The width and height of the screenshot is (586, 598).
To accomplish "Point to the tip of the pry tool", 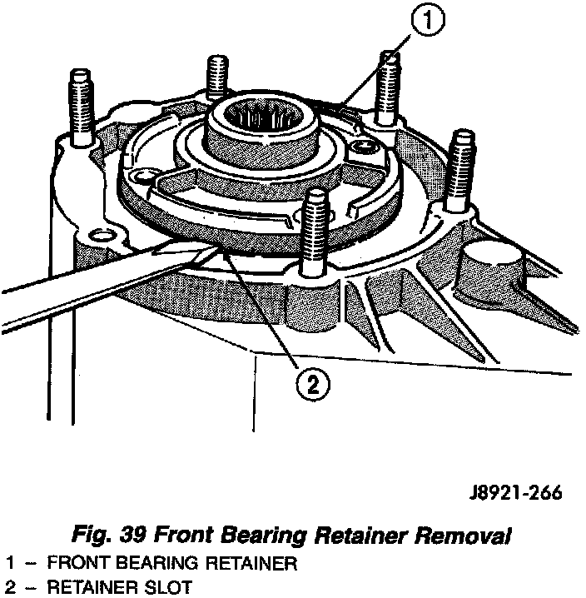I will pos(218,247).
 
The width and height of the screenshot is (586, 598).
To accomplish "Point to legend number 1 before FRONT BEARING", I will pos(9,564).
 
